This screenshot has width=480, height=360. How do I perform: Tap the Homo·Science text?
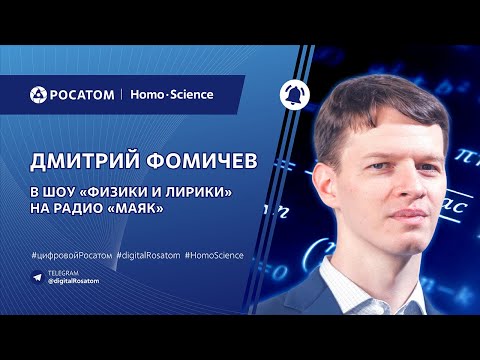171,95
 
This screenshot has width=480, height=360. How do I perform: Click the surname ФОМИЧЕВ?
190,162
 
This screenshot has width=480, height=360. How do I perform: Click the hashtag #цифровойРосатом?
70,256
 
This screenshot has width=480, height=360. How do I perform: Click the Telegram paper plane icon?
37,274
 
